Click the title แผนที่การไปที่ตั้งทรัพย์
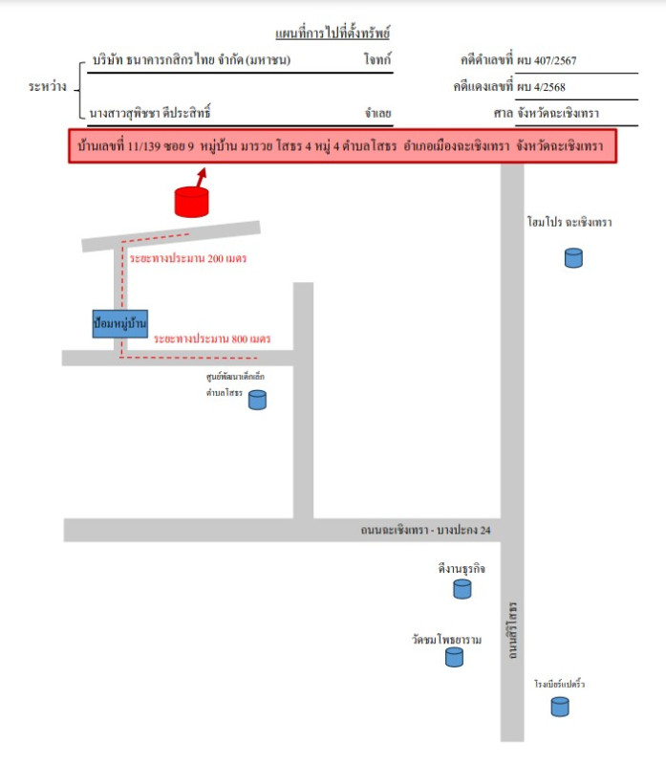pyautogui.click(x=333, y=34)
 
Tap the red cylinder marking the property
pyautogui.click(x=191, y=202)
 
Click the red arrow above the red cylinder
pyautogui.click(x=202, y=177)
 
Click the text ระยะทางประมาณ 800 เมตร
pyautogui.click(x=212, y=339)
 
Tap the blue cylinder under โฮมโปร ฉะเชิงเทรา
pyautogui.click(x=572, y=257)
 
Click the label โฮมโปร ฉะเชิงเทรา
pyautogui.click(x=569, y=223)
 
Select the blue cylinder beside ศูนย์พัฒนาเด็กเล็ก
pyautogui.click(x=257, y=400)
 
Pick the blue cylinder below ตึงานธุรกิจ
pyautogui.click(x=462, y=588)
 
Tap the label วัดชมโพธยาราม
pyautogui.click(x=446, y=638)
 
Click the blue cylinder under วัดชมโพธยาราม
pyautogui.click(x=454, y=657)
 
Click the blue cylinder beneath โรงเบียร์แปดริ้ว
pyautogui.click(x=560, y=707)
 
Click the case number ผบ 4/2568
pyautogui.click(x=541, y=87)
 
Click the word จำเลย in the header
pyautogui.click(x=377, y=113)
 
